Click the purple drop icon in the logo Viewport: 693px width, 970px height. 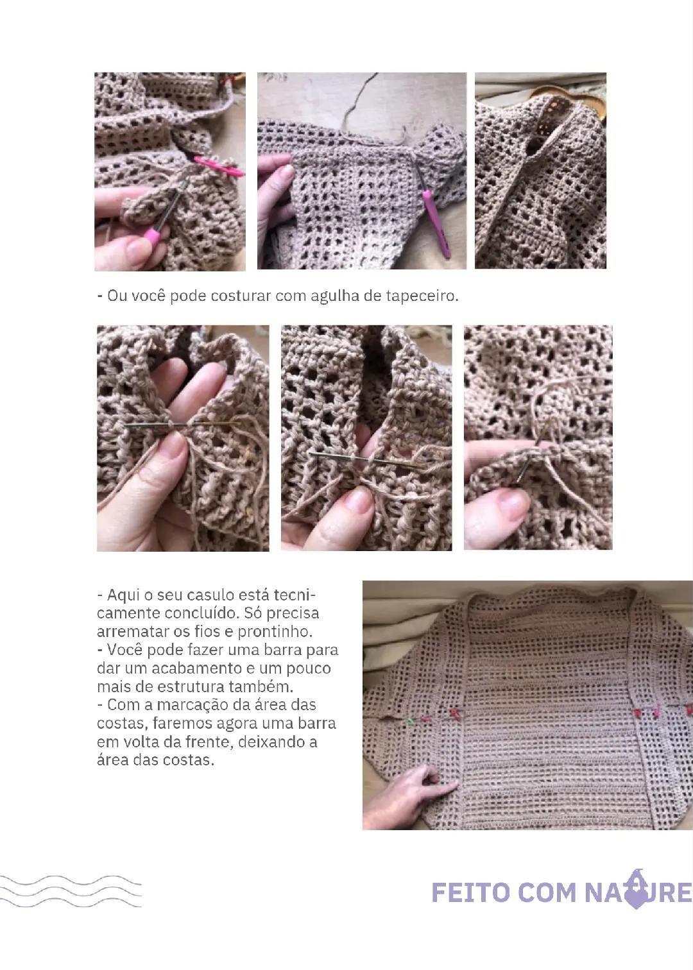(x=635, y=890)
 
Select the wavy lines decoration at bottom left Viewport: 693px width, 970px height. (x=71, y=891)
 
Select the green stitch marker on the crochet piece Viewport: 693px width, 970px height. (x=409, y=721)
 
